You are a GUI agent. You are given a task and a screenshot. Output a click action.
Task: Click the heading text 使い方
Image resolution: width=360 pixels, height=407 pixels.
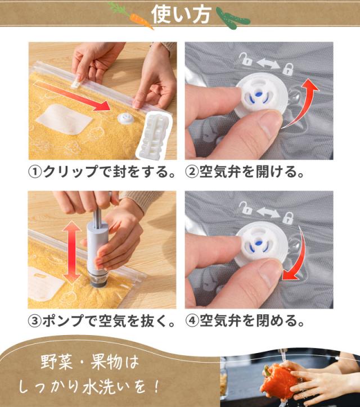point(181,13)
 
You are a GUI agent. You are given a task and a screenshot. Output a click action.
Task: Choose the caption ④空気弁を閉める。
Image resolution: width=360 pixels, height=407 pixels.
point(253,322)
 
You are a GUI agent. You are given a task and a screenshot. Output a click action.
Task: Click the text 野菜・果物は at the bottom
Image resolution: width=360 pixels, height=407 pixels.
point(89,361)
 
